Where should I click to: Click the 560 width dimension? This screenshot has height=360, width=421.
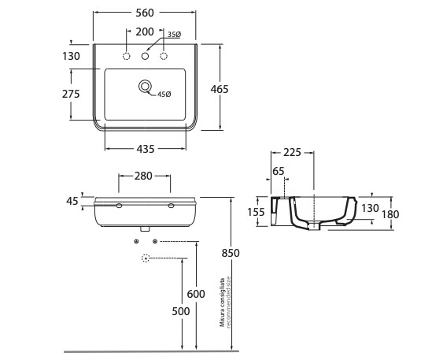point(145,13)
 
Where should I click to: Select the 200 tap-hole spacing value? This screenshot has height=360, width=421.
point(145,32)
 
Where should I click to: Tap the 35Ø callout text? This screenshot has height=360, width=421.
point(175,35)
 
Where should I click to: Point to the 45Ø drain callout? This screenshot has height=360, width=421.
point(164,95)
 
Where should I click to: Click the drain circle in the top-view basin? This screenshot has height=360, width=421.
point(145,87)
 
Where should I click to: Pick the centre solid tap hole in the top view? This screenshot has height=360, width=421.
point(145,56)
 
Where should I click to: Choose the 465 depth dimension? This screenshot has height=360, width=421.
point(220,89)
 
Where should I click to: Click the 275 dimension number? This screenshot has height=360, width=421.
point(71,94)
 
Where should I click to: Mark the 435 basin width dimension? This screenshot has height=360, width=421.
point(146,149)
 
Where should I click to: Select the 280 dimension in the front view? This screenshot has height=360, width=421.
point(143,176)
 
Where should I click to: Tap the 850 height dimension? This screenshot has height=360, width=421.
point(231,253)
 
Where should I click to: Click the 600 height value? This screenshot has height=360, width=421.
point(196,294)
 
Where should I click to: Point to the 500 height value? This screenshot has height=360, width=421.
point(181,311)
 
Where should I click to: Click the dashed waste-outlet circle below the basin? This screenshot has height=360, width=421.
point(146,258)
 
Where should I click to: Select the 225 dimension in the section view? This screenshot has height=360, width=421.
point(293,153)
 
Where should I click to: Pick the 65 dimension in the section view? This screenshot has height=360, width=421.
point(278,171)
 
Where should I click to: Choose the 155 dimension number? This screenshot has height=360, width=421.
point(256,212)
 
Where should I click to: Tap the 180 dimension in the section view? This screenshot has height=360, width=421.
point(390,214)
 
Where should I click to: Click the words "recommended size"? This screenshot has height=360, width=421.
point(229,302)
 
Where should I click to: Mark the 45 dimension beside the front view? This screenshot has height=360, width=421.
point(72,201)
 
